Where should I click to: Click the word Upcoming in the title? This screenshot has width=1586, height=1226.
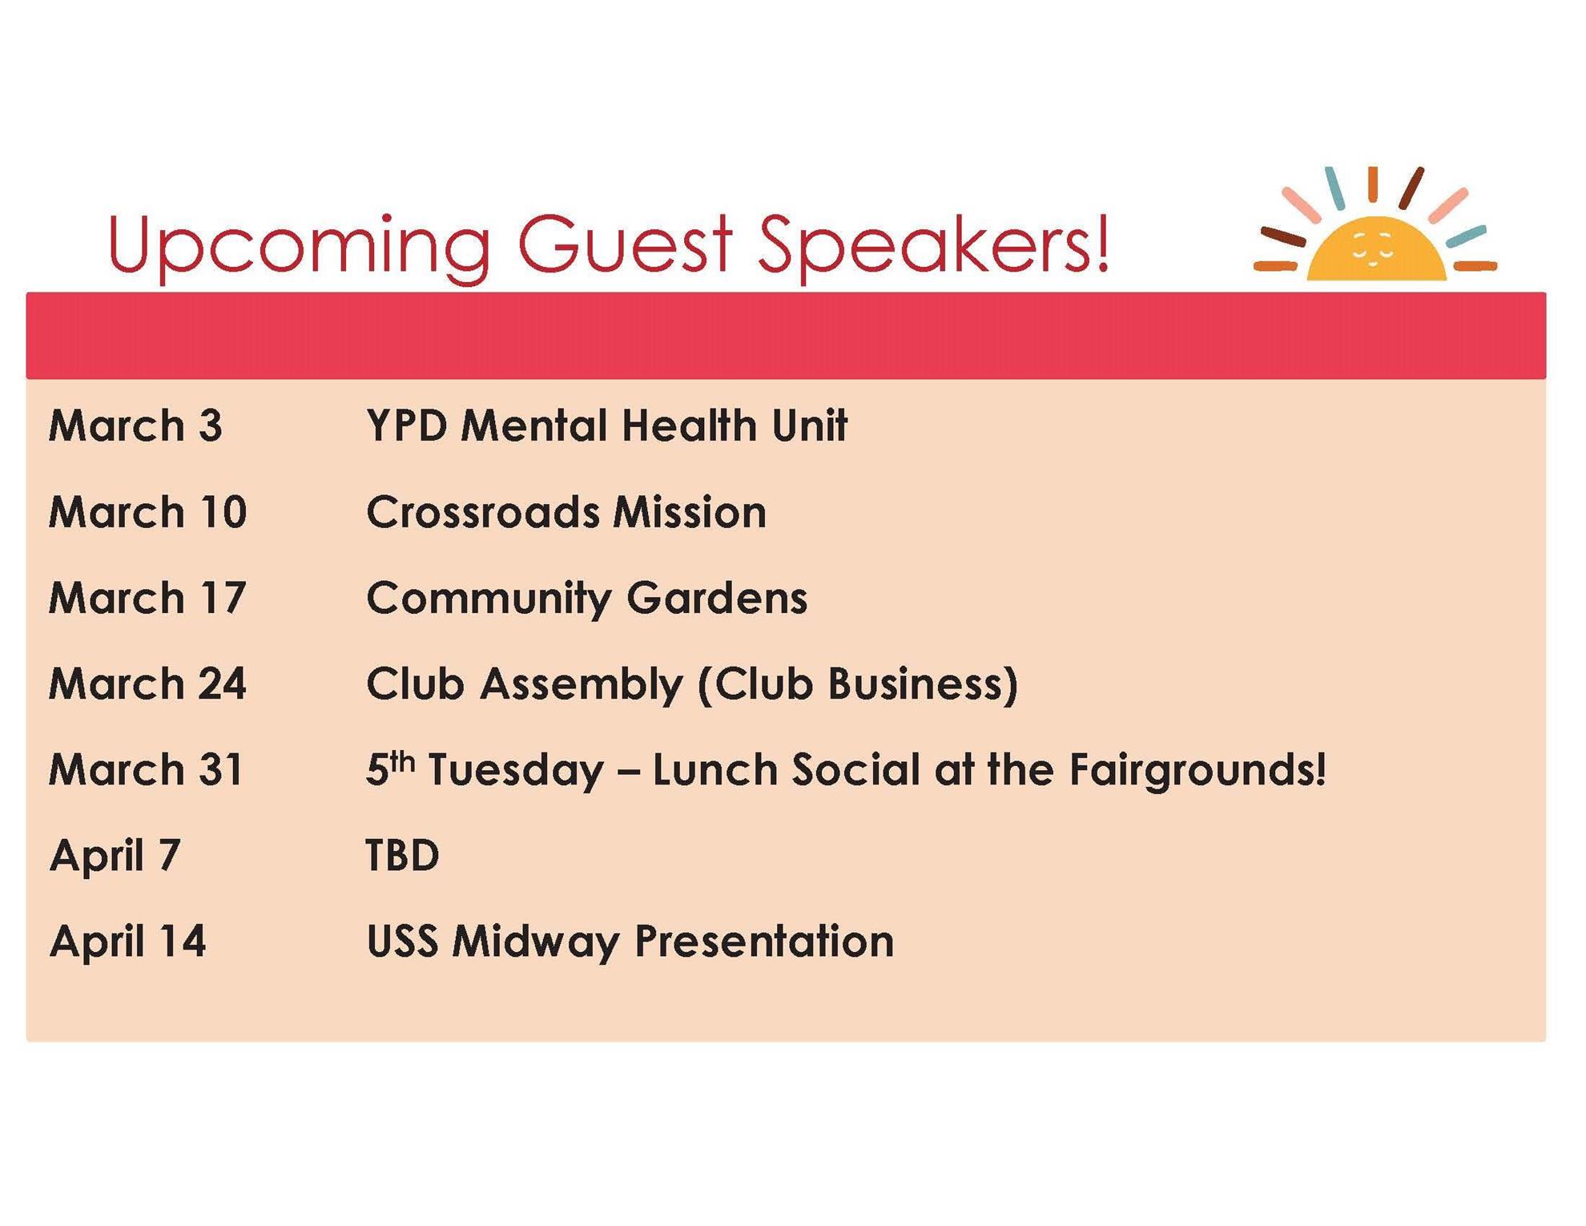(x=300, y=246)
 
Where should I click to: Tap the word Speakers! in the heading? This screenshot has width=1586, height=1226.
(x=934, y=244)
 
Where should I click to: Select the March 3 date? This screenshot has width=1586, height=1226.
(x=135, y=425)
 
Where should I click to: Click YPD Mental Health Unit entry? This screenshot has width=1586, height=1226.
(x=607, y=425)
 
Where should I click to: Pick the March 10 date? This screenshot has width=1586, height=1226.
(x=148, y=512)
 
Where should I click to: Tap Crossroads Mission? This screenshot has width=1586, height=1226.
(x=566, y=512)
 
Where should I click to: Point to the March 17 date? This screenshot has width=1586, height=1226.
(x=147, y=598)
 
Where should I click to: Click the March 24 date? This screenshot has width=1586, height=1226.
(x=148, y=684)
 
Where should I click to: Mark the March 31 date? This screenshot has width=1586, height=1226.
(x=147, y=769)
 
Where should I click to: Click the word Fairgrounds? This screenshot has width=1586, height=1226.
(x=1198, y=771)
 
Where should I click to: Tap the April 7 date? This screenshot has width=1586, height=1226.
(x=115, y=857)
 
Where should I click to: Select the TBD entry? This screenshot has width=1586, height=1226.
(x=403, y=855)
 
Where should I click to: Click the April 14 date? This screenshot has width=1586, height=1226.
(x=128, y=942)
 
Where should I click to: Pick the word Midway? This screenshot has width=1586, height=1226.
(x=536, y=942)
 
